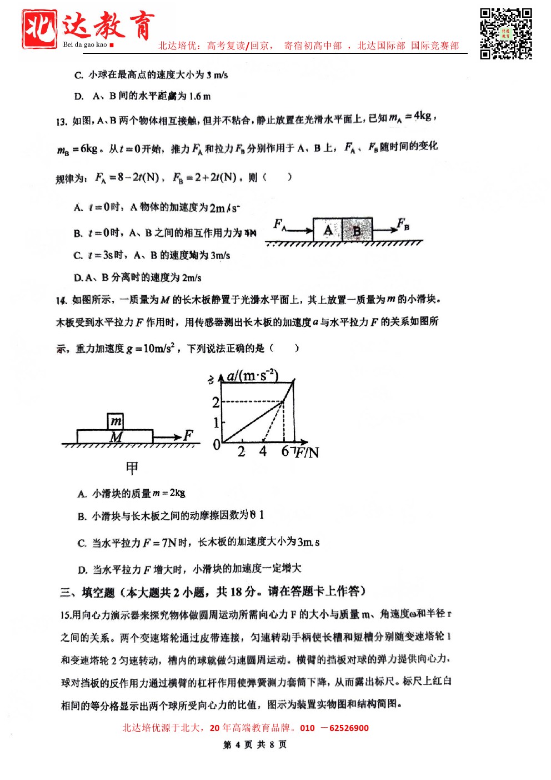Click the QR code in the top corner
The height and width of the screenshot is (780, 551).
pos(505,33)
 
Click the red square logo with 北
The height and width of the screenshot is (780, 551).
pos(39,28)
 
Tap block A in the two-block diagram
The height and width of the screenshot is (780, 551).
pos(328,230)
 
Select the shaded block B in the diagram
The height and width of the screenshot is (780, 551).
pos(357,230)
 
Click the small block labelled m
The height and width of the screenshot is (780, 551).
pos(116,421)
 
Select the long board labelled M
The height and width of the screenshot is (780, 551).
pos(115,437)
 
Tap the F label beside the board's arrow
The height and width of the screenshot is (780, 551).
pos(188,435)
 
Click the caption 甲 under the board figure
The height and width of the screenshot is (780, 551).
pos(132,468)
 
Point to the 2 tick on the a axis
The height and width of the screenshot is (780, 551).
pos(216,401)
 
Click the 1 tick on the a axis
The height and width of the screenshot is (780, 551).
pos(216,423)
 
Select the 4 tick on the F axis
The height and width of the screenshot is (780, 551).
pos(263,451)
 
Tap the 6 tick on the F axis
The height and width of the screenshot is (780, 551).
pos(285,451)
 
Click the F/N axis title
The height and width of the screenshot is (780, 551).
pos(307,453)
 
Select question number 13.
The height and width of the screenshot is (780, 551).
pos(61,122)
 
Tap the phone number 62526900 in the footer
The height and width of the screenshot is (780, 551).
pos(349,728)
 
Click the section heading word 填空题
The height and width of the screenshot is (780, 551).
pos(98,593)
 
